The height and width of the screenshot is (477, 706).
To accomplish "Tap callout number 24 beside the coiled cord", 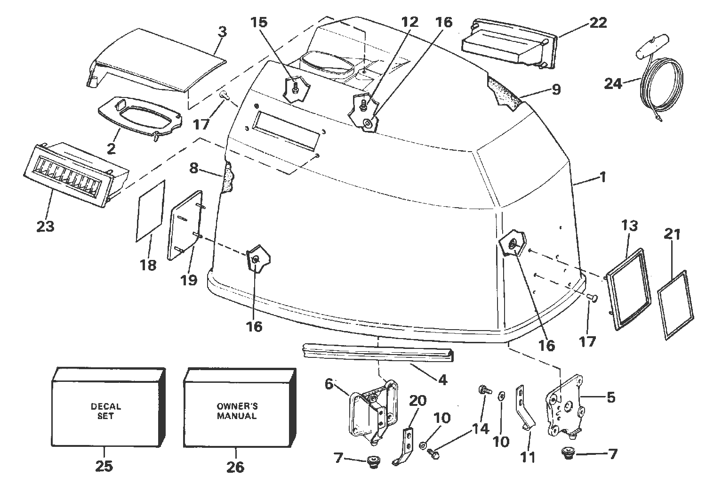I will pyautogui.click(x=613, y=84).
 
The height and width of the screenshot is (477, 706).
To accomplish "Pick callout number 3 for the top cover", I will pyautogui.click(x=222, y=32).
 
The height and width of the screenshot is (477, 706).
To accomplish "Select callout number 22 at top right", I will pyautogui.click(x=598, y=23).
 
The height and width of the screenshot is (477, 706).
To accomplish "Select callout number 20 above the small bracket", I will pyautogui.click(x=418, y=400).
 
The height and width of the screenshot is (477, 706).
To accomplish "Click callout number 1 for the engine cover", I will pyautogui.click(x=602, y=178).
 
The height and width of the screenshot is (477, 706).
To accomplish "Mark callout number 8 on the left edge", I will pyautogui.click(x=193, y=168).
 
